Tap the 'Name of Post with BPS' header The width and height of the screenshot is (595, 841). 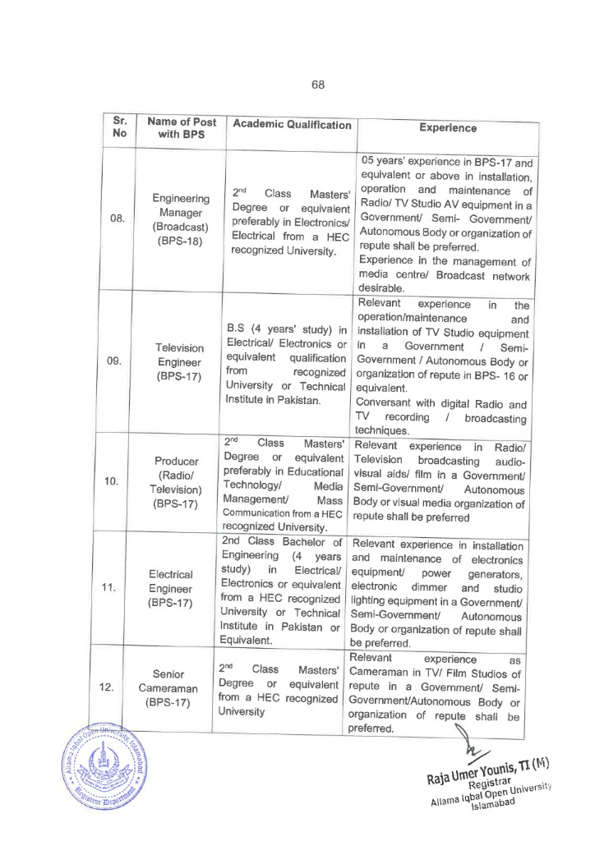182,128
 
